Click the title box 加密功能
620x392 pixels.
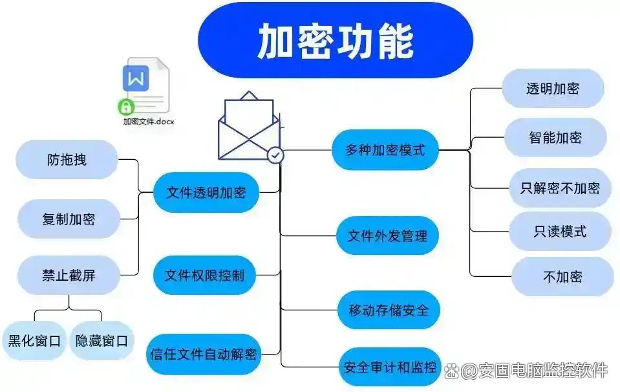pos(335,40)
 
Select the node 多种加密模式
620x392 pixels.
pos(385,150)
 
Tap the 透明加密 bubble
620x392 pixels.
pos(552,89)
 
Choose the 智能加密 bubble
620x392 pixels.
pos(555,137)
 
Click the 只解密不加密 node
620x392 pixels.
pos(560,188)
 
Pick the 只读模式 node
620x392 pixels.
pos(560,231)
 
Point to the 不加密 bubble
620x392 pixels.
pos(562,276)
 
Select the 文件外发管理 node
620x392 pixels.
pos(387,235)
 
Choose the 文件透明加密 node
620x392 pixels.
pos(206,192)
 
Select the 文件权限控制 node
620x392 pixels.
pos(204,275)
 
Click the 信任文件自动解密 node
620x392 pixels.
pos(204,354)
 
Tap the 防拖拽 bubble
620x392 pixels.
pos(67,159)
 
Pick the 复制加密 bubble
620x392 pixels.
pos(68,219)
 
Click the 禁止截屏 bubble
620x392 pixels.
pos(68,275)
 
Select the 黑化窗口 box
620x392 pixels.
pos(34,340)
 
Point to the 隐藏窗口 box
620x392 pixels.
pos(102,340)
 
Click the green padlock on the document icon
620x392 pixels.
pos(125,107)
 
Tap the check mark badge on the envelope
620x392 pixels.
pos(275,155)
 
